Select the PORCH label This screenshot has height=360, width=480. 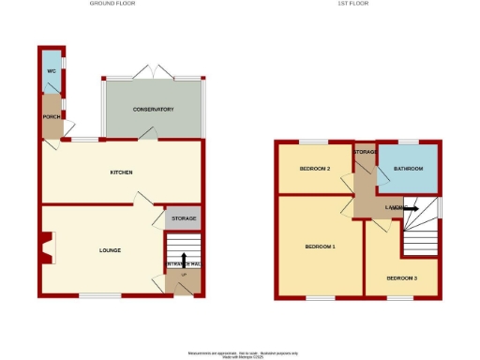tap(51, 116)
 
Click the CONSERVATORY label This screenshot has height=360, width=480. tap(153, 110)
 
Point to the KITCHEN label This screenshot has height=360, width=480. tap(121, 172)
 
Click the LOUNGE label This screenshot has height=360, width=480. tap(111, 249)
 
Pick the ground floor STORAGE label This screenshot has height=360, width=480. tap(183, 218)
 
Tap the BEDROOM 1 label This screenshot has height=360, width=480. tap(321, 247)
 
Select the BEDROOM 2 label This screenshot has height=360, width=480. tap(315, 169)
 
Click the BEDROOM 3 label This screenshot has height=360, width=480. tap(401, 277)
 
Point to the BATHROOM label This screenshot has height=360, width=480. tap(408, 169)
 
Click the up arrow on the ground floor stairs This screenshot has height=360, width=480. tap(184, 259)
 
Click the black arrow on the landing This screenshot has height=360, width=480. tap(411, 209)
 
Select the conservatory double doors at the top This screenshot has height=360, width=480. tap(153, 71)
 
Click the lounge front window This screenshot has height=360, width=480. tap(99, 296)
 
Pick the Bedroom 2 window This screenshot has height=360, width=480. tap(314, 142)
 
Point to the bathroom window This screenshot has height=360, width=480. tap(409, 142)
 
